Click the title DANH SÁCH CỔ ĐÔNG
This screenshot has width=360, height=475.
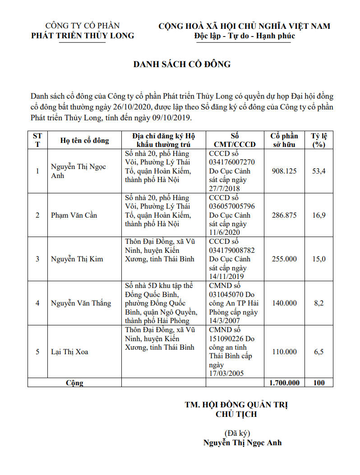182,64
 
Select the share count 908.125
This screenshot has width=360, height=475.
284,171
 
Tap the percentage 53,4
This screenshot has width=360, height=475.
319,171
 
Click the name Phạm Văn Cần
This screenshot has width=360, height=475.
74,215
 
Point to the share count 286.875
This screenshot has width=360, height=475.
284,215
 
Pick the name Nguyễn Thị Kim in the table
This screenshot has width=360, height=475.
77,259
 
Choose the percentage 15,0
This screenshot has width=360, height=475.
319,259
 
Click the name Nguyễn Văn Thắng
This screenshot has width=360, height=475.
81,303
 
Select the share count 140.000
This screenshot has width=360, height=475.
284,303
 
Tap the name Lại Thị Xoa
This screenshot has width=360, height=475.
69,352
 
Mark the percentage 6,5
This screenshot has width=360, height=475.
319,352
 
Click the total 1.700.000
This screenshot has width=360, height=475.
284,383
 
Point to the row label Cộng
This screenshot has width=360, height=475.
74,383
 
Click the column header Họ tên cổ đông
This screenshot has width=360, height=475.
85,140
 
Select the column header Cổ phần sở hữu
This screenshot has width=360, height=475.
284,140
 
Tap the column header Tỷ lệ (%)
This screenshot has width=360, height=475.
319,140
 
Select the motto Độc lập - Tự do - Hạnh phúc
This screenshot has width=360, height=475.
245,36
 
